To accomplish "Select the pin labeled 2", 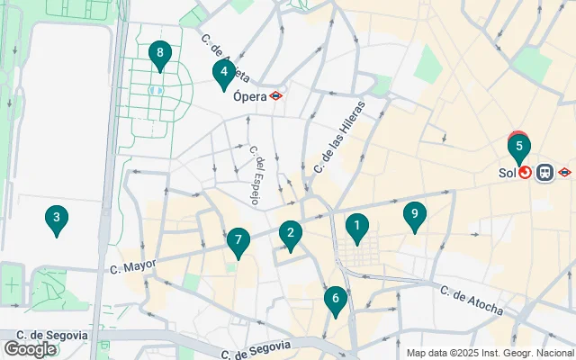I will click(290, 234).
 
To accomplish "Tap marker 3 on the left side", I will click(57, 219).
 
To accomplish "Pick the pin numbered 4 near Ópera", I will click(223, 73).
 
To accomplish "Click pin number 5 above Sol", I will click(519, 147).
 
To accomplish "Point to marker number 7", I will click(238, 241).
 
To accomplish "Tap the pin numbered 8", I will click(160, 56).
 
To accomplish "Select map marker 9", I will click(414, 215).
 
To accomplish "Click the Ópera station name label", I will click(248, 94).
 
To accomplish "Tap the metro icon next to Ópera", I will click(277, 94).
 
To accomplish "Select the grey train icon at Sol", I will click(544, 172).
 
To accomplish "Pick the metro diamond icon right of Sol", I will click(564, 172).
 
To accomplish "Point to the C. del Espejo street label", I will click(255, 176).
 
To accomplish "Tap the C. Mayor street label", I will click(132, 266).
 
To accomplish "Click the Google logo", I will click(30, 348).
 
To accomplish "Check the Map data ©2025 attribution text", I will click(490, 353).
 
